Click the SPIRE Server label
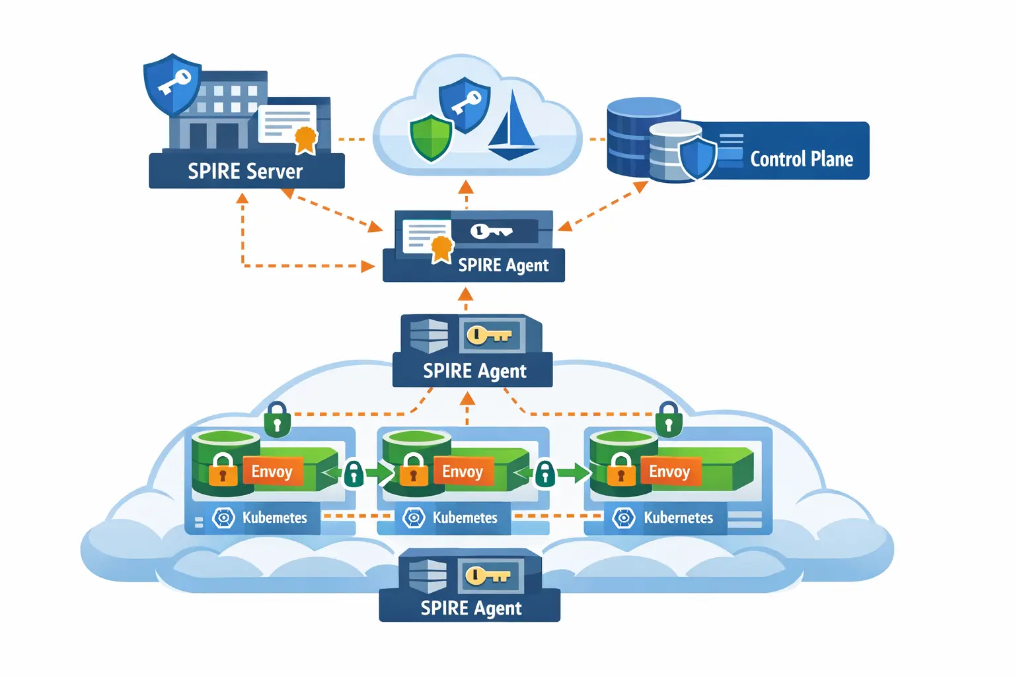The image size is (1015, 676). (245, 172)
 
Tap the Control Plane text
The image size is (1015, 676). (801, 159)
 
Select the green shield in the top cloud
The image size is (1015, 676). (431, 138)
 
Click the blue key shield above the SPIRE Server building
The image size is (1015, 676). (172, 84)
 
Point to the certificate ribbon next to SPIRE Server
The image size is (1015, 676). (305, 139)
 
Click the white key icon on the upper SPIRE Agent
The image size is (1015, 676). (490, 231)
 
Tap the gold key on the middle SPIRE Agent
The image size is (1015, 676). (489, 335)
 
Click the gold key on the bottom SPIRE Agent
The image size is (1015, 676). (488, 576)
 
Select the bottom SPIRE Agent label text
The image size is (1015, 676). (470, 608)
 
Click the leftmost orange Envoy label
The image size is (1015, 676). (272, 471)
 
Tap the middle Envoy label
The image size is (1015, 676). (463, 471)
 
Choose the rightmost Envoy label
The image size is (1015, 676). (669, 471)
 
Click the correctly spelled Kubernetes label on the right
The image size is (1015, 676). (678, 518)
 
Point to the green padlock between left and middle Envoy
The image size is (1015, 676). (354, 473)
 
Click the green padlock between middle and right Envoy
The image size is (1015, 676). (545, 473)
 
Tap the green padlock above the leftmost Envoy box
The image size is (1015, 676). (278, 420)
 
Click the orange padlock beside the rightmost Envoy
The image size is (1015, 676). (620, 470)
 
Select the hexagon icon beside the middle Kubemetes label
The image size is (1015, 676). (414, 518)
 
